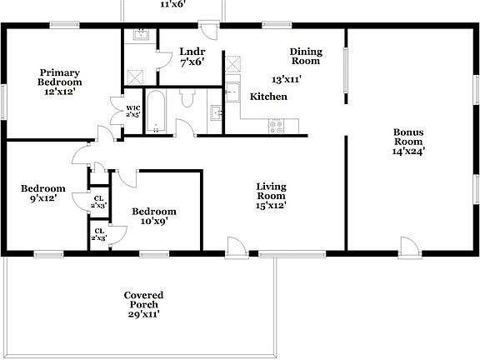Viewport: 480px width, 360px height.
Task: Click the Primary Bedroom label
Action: [60, 82]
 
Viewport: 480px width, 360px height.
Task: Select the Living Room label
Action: [271, 195]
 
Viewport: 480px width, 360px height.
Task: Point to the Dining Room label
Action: [305, 56]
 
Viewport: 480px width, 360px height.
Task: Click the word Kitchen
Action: [268, 97]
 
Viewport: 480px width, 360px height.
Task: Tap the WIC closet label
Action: [132, 111]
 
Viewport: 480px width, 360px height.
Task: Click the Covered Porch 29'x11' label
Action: [143, 304]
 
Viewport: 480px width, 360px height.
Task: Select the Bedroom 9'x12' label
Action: [42, 193]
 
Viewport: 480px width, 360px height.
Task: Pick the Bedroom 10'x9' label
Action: [154, 217]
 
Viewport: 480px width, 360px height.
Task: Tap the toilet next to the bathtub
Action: [187, 101]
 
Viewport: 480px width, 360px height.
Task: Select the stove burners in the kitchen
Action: [275, 126]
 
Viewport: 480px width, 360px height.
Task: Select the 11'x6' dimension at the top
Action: [172, 4]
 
